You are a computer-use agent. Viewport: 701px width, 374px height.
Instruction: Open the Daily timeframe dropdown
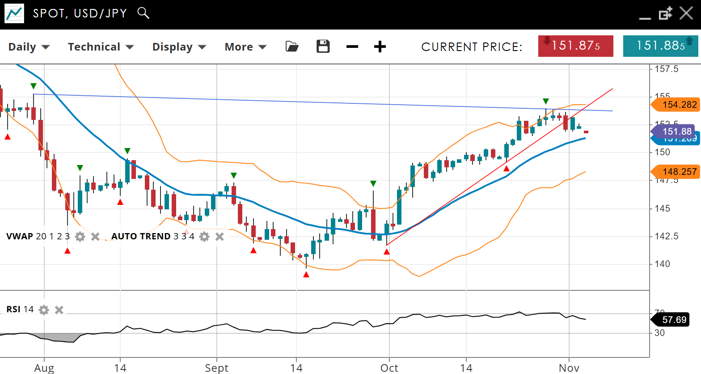tap(29, 47)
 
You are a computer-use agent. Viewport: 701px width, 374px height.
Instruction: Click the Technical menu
tap(101, 47)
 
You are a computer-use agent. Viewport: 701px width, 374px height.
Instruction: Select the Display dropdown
tap(179, 47)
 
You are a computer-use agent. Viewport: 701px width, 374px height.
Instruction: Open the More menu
tap(245, 47)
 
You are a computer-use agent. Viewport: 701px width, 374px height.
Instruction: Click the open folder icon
tap(292, 47)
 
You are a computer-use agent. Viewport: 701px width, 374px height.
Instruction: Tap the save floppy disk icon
tap(323, 47)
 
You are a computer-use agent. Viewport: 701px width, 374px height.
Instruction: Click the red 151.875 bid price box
tap(575, 46)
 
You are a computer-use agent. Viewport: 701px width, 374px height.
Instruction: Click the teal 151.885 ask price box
tap(660, 46)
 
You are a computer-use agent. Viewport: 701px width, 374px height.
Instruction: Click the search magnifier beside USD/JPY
tap(143, 13)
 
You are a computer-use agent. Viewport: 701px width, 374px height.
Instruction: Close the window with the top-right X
tap(686, 13)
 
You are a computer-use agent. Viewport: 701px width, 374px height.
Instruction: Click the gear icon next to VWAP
tap(80, 237)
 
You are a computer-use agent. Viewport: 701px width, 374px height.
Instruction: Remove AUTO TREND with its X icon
tap(220, 237)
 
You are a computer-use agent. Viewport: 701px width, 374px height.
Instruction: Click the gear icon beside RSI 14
tap(44, 310)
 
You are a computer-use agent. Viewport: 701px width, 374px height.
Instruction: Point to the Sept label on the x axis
tap(217, 368)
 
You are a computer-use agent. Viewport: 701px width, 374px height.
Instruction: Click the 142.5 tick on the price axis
tap(666, 236)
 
